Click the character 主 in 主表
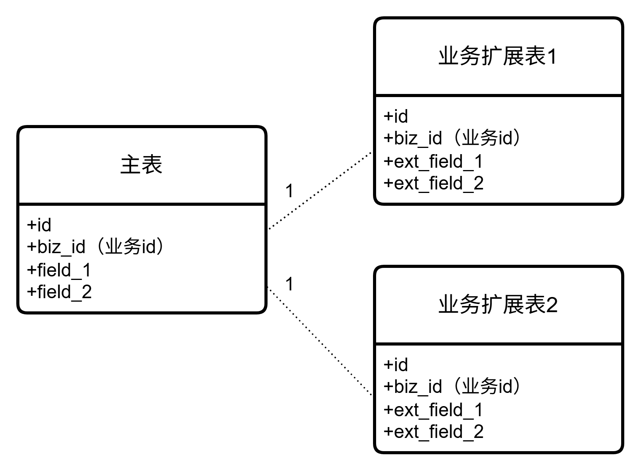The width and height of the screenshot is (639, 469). (130, 165)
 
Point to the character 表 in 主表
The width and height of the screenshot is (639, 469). (152, 165)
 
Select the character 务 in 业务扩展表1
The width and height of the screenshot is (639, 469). (470, 56)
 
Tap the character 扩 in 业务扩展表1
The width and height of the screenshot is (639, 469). (492, 56)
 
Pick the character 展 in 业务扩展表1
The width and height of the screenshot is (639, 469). (513, 56)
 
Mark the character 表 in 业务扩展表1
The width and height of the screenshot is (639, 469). (535, 56)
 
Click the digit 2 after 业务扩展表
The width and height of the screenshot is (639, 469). (552, 305)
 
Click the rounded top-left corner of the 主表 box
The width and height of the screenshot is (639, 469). (22, 130)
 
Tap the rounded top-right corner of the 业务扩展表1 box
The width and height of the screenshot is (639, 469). (619, 22)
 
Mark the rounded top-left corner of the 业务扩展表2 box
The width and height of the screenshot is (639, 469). (378, 270)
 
